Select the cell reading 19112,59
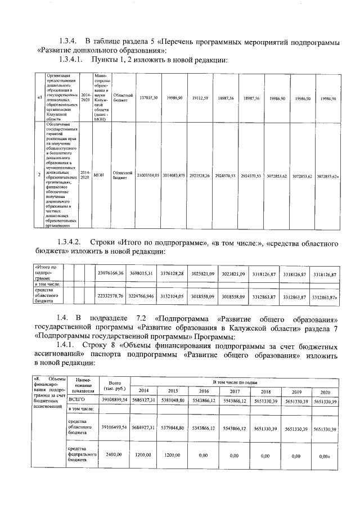click(x=200, y=98)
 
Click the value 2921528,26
click(x=200, y=176)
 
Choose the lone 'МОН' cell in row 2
click(x=98, y=175)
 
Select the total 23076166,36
click(x=110, y=273)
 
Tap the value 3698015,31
click(x=142, y=273)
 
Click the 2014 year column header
click(x=144, y=391)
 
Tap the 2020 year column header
click(x=325, y=392)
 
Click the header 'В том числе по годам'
click(x=235, y=382)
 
